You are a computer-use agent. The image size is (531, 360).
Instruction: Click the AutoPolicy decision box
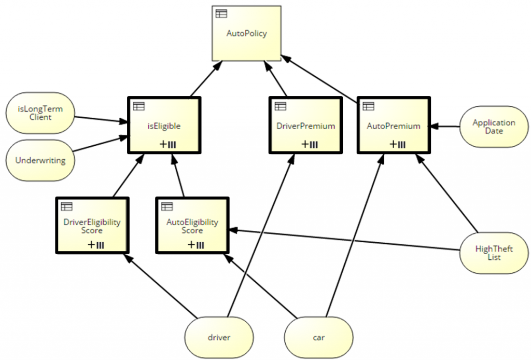point(246,34)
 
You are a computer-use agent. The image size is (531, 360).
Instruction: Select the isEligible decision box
point(164,126)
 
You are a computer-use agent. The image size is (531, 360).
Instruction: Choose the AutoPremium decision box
point(394,126)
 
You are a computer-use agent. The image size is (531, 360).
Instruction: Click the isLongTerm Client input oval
point(40,114)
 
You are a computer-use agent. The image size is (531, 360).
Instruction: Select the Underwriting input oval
point(40,160)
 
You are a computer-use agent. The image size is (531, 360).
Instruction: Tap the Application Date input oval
point(493,127)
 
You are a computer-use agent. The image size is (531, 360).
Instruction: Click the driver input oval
point(219,337)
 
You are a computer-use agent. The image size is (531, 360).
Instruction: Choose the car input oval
point(318,337)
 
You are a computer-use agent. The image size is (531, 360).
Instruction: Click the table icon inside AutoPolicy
point(221,14)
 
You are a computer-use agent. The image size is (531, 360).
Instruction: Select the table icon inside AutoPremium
point(368,106)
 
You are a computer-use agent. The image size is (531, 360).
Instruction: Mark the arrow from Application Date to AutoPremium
point(447,126)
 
